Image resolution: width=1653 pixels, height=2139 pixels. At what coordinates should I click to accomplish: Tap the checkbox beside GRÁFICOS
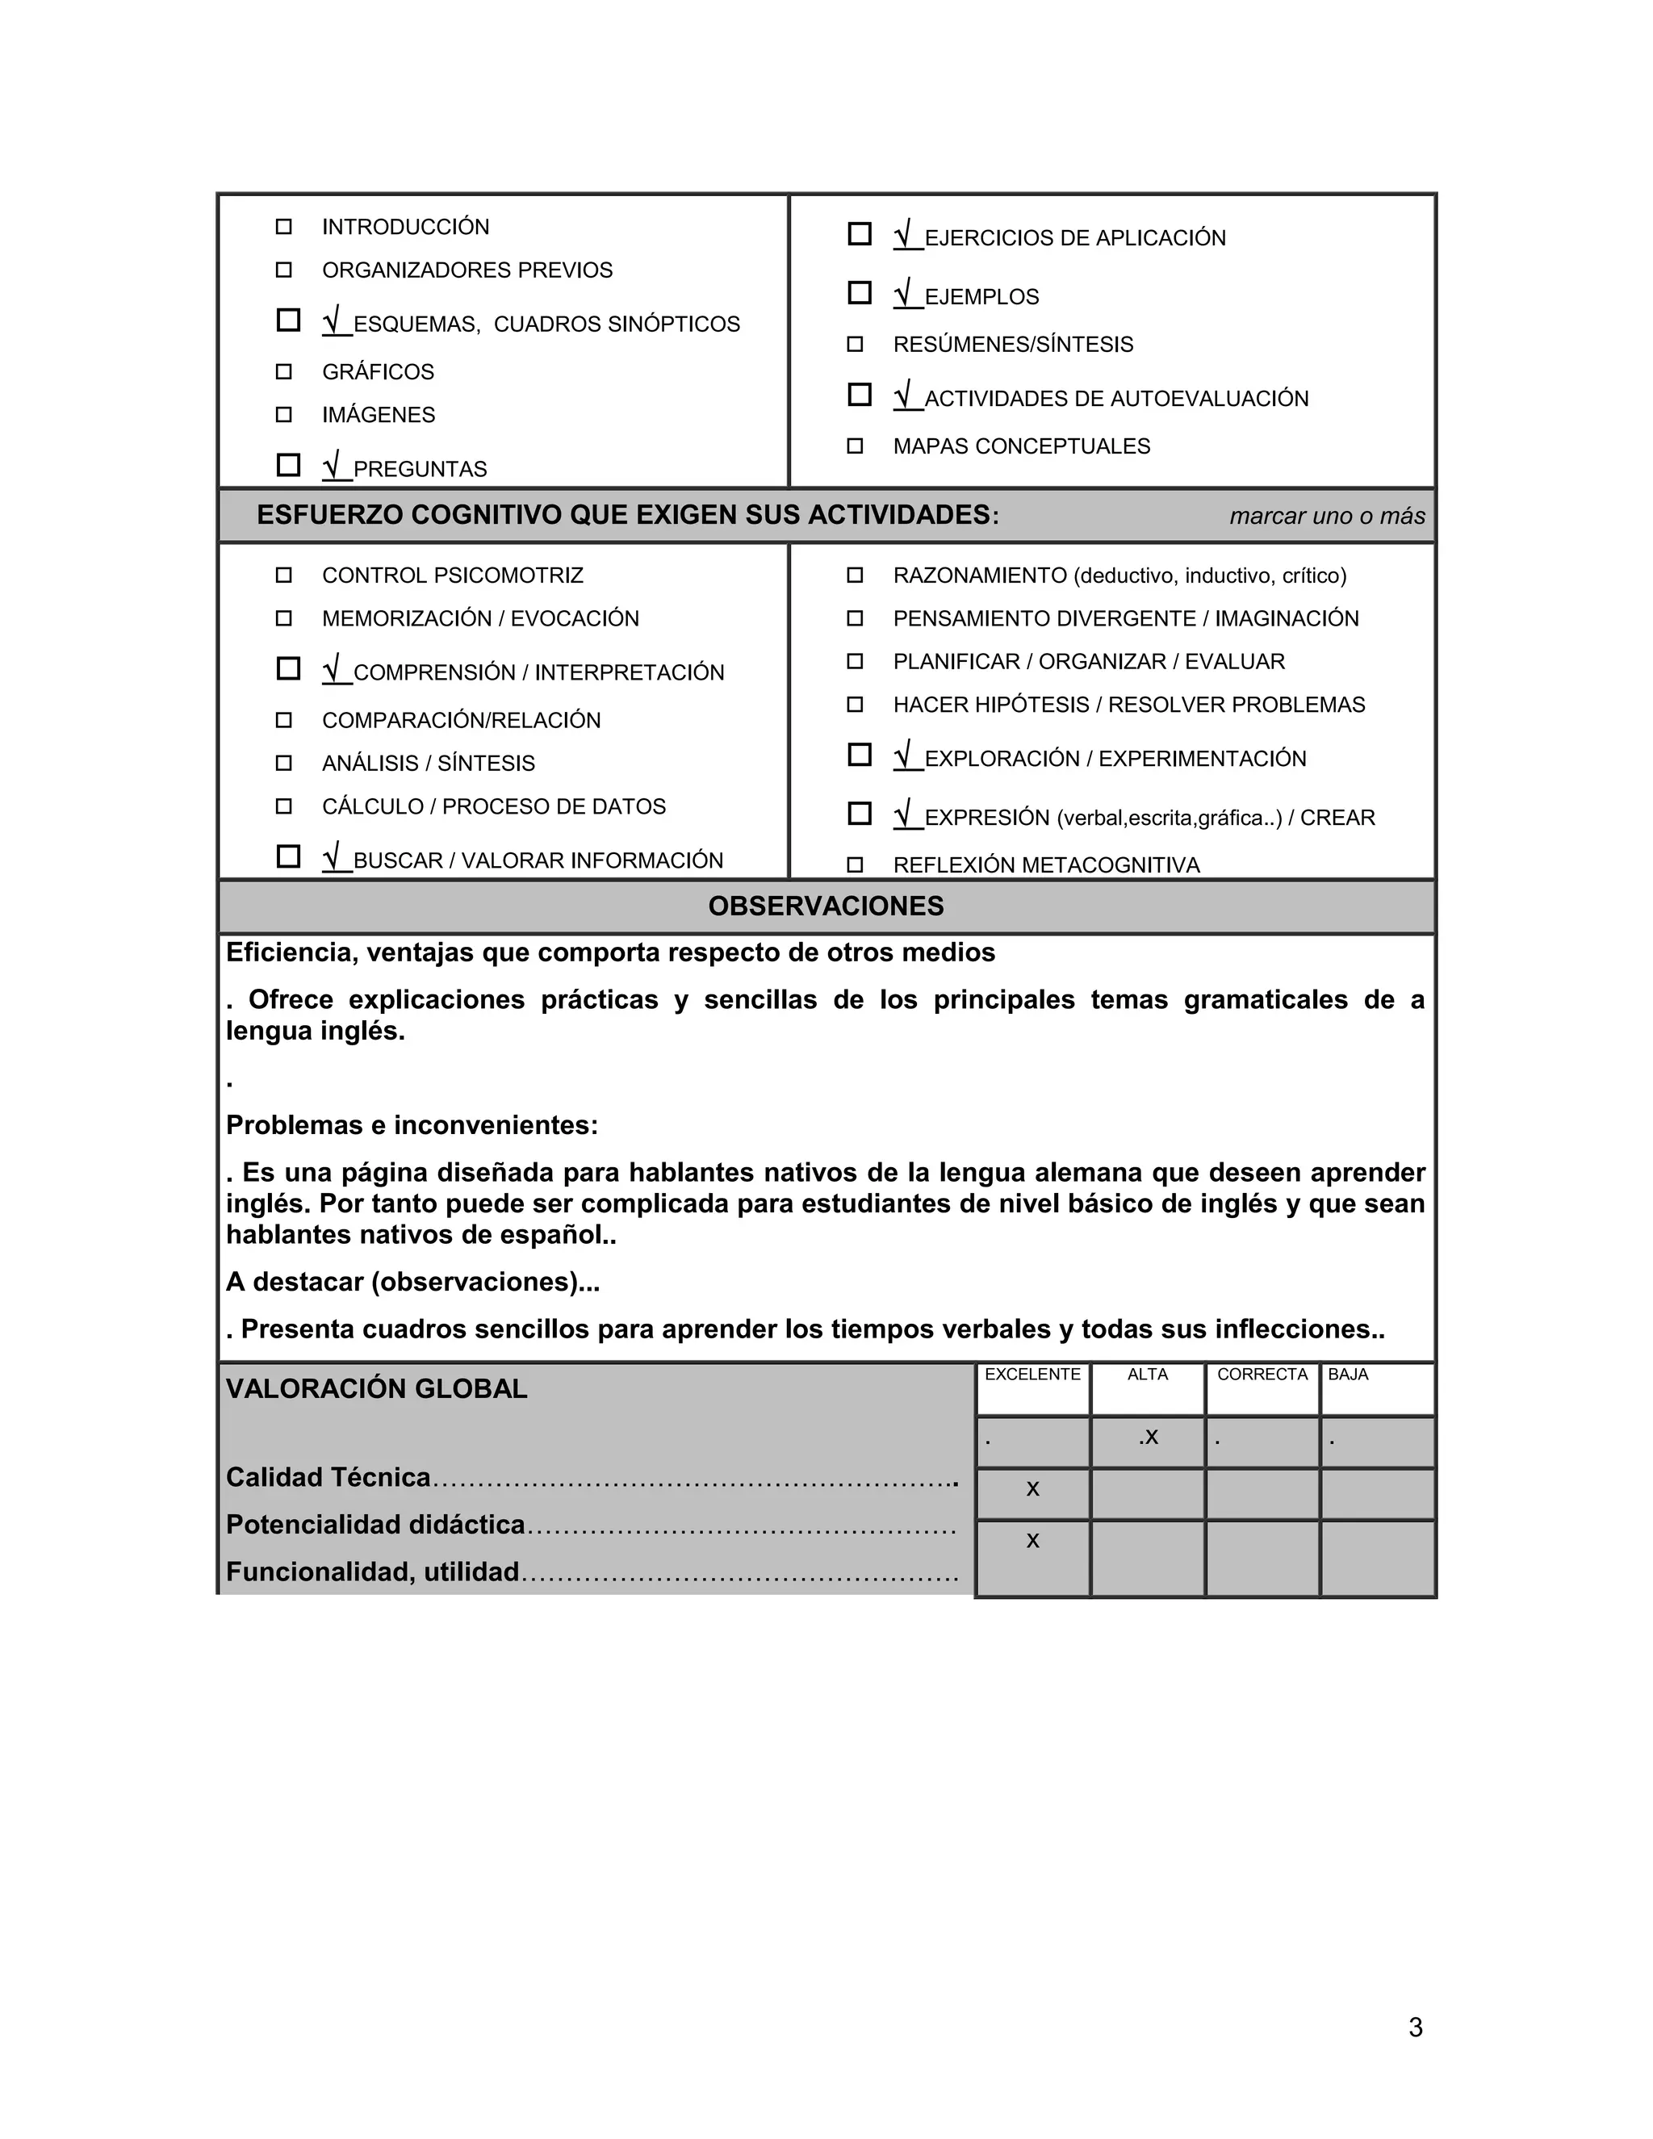[284, 372]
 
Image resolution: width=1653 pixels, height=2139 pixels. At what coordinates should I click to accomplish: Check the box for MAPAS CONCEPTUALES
[855, 446]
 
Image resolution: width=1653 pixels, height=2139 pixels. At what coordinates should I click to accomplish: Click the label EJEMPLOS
[981, 297]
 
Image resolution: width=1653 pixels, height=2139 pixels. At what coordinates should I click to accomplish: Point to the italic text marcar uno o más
[1327, 516]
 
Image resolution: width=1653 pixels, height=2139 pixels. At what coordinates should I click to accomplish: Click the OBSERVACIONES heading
[826, 906]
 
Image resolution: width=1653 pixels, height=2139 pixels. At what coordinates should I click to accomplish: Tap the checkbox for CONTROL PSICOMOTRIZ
[284, 576]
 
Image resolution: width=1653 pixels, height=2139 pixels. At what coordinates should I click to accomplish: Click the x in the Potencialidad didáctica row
[1032, 1542]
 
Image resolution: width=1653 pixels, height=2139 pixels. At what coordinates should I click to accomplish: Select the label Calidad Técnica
[328, 1478]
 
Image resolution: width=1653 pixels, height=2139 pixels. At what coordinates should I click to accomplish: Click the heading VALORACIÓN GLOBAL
[376, 1389]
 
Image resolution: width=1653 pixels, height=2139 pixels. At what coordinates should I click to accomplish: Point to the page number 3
[1415, 2028]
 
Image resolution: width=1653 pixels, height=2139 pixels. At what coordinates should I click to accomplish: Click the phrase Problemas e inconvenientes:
[412, 1125]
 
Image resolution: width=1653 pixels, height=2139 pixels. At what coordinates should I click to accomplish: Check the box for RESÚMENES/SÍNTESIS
[855, 345]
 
